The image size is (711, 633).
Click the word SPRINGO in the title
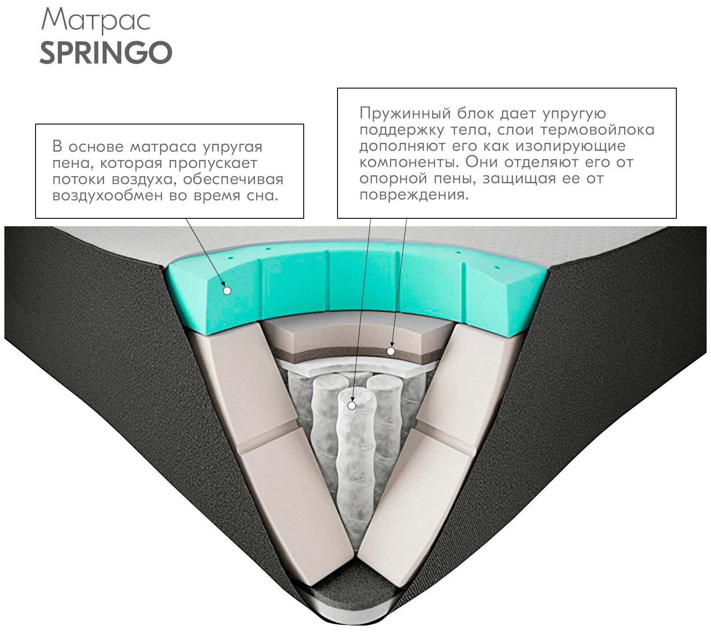click(106, 53)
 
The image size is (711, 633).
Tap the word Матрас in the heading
click(96, 20)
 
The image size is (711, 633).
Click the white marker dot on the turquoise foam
click(227, 290)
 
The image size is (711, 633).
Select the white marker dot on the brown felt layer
click(391, 351)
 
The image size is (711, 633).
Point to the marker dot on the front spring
click(352, 405)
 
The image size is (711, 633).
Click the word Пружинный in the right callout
click(405, 113)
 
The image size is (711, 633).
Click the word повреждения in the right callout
click(414, 195)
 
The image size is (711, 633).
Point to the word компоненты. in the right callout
click(409, 162)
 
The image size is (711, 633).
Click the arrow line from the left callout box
click(206, 254)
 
